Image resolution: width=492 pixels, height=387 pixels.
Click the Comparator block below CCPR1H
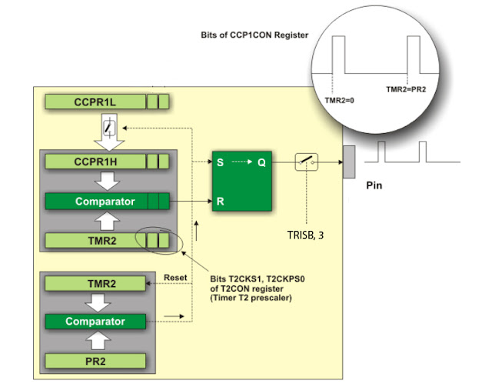[106, 202]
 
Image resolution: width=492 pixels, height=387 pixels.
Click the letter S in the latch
[221, 163]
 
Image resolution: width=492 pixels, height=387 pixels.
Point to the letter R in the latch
[221, 202]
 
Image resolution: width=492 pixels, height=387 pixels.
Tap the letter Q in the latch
[261, 163]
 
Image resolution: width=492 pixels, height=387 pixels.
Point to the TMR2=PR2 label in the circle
[405, 89]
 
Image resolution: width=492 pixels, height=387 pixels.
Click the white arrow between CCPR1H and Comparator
[106, 182]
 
